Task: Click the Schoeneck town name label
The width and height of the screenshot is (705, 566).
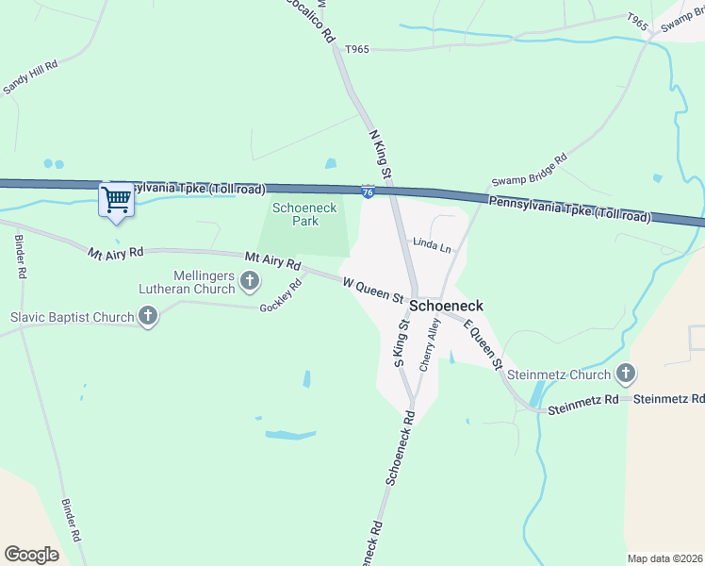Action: coord(446,307)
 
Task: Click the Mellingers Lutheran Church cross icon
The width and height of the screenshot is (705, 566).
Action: coord(250,279)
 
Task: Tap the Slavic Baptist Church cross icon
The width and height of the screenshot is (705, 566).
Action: coord(147,318)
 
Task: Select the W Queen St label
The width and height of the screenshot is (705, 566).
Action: coord(373,288)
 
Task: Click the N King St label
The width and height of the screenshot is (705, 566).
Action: coord(381,157)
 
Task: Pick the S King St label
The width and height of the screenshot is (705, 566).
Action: coord(400,343)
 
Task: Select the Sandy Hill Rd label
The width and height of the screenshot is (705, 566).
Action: coord(31,77)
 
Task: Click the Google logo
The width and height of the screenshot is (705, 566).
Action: coord(31,554)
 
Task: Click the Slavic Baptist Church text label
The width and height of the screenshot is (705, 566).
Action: coord(72,317)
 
